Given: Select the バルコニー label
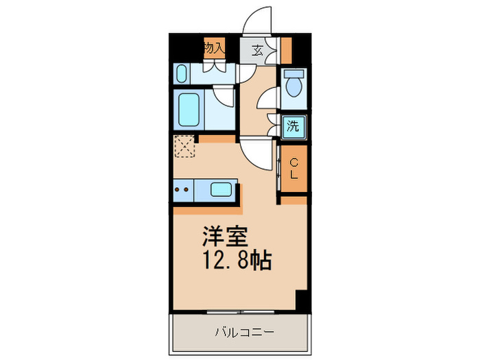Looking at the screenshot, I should click(245, 333).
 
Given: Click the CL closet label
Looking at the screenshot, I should click(293, 169).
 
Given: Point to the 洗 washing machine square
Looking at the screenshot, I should click(293, 126).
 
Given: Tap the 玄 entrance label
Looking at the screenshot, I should click(257, 49).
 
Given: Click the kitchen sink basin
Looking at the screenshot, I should click(221, 190).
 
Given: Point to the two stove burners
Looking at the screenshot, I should click(181, 190).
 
